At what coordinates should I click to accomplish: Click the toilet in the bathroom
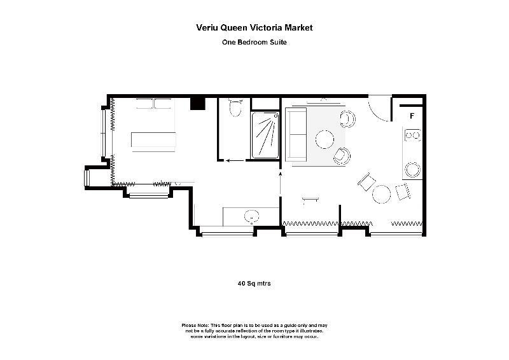235,107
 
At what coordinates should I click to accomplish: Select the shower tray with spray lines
265,135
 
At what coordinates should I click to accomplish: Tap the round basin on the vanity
251,216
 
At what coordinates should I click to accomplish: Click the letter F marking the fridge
412,116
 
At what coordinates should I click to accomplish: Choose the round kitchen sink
413,169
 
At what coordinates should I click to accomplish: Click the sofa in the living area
296,135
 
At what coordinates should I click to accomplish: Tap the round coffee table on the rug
324,139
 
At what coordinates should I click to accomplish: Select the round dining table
381,194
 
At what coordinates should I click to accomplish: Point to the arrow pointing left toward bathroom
235,160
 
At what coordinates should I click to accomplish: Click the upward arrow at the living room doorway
280,183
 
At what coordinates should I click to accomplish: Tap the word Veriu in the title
207,27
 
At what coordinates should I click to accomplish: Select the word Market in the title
298,27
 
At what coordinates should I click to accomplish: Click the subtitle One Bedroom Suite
254,42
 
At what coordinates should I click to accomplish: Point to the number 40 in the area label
242,284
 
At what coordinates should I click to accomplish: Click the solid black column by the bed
198,104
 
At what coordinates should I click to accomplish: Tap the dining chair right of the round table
403,191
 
